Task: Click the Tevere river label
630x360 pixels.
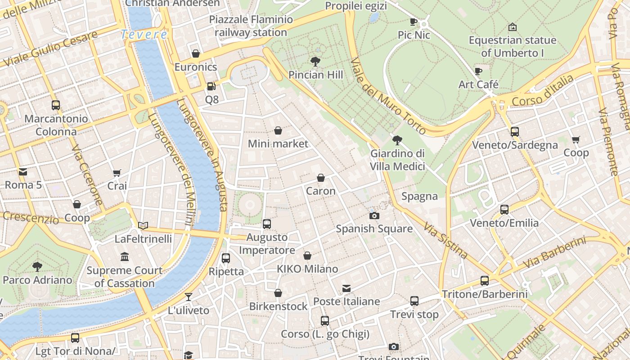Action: [144, 34]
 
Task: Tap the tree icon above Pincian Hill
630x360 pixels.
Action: [315, 62]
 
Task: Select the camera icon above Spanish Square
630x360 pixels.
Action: [374, 216]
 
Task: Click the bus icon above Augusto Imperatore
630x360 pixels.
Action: [267, 224]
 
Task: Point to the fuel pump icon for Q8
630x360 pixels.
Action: [211, 86]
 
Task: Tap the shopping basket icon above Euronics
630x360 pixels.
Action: [196, 54]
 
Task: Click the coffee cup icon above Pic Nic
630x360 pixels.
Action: [414, 22]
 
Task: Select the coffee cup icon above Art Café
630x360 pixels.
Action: [478, 71]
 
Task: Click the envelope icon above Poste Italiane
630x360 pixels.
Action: [346, 288]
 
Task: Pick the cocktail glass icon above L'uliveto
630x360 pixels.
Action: [189, 297]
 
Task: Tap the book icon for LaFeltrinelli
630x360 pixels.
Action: [143, 225]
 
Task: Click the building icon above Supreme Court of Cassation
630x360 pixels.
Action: [125, 257]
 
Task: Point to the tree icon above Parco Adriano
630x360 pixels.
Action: [37, 267]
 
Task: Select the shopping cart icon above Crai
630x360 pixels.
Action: [117, 173]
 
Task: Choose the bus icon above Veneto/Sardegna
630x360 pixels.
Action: [515, 132]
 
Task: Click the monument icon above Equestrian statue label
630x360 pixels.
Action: [512, 27]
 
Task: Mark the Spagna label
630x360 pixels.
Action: [419, 196]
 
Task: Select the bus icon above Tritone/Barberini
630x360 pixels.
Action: [485, 281]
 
